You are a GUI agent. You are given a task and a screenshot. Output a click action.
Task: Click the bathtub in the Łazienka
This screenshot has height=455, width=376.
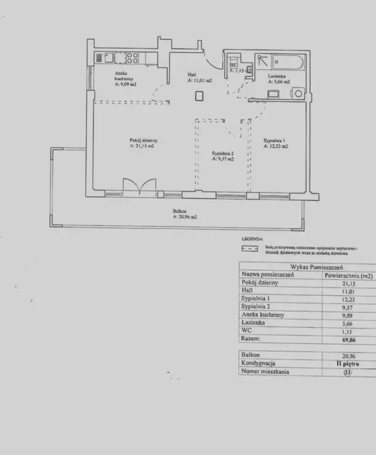click(x=289, y=63)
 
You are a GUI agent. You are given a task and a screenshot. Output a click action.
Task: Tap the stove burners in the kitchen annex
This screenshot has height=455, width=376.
click(x=133, y=58)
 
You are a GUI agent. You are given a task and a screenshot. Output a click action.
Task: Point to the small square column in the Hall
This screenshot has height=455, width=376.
click(x=199, y=96)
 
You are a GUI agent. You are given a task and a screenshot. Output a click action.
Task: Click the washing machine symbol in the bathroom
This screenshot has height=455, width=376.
click(x=297, y=94)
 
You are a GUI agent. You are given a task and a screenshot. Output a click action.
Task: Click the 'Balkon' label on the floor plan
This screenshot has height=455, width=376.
click(x=180, y=211)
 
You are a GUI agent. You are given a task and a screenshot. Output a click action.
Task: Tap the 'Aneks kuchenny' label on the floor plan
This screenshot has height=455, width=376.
click(x=123, y=78)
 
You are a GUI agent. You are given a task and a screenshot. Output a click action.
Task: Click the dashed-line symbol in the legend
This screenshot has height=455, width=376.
click(x=249, y=248)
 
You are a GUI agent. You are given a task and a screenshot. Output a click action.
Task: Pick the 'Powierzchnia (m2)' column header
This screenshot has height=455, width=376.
click(x=348, y=275)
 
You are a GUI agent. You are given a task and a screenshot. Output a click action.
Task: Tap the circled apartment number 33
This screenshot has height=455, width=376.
click(x=348, y=372)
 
